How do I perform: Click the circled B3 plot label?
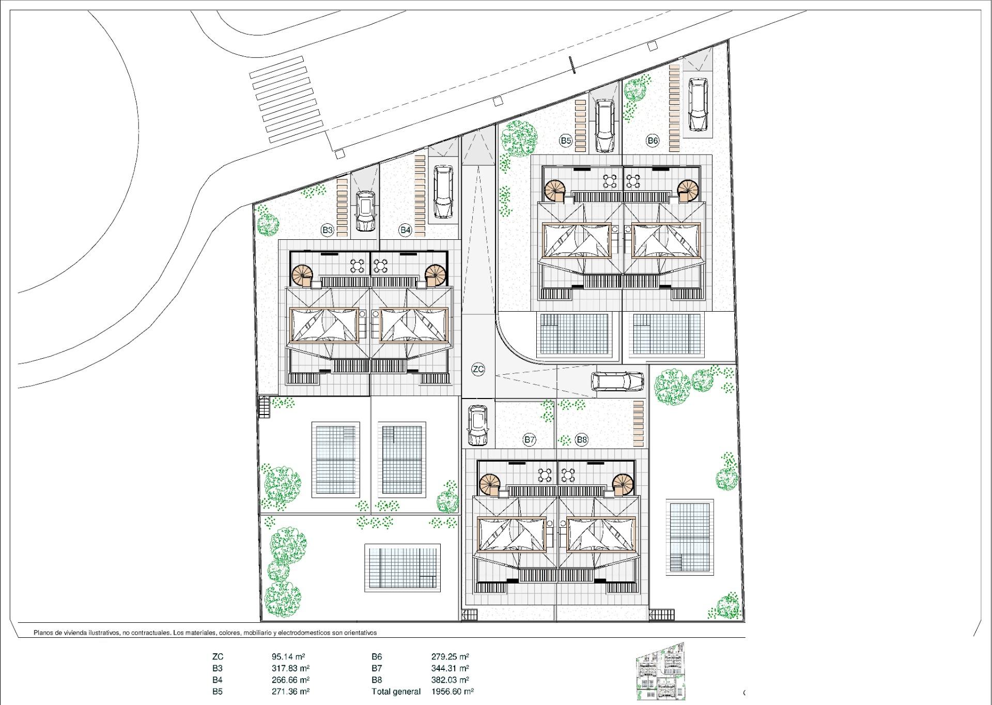coord(327,230)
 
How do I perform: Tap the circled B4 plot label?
coord(405,230)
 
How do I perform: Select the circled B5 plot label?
coord(566,141)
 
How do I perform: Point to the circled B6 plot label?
coord(653,141)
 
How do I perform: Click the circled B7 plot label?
coord(529,440)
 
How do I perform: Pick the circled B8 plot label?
coord(582,440)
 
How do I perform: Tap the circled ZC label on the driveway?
coord(478,369)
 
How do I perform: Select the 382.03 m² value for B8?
coord(450,680)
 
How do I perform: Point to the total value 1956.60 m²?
coord(453,692)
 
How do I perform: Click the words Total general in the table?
coord(396,692)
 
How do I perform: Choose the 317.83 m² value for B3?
coord(291,668)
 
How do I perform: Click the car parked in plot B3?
coord(366,211)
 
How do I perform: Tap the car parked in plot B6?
coord(698,105)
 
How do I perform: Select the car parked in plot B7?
coord(478,425)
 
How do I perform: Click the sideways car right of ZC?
coord(617,381)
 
